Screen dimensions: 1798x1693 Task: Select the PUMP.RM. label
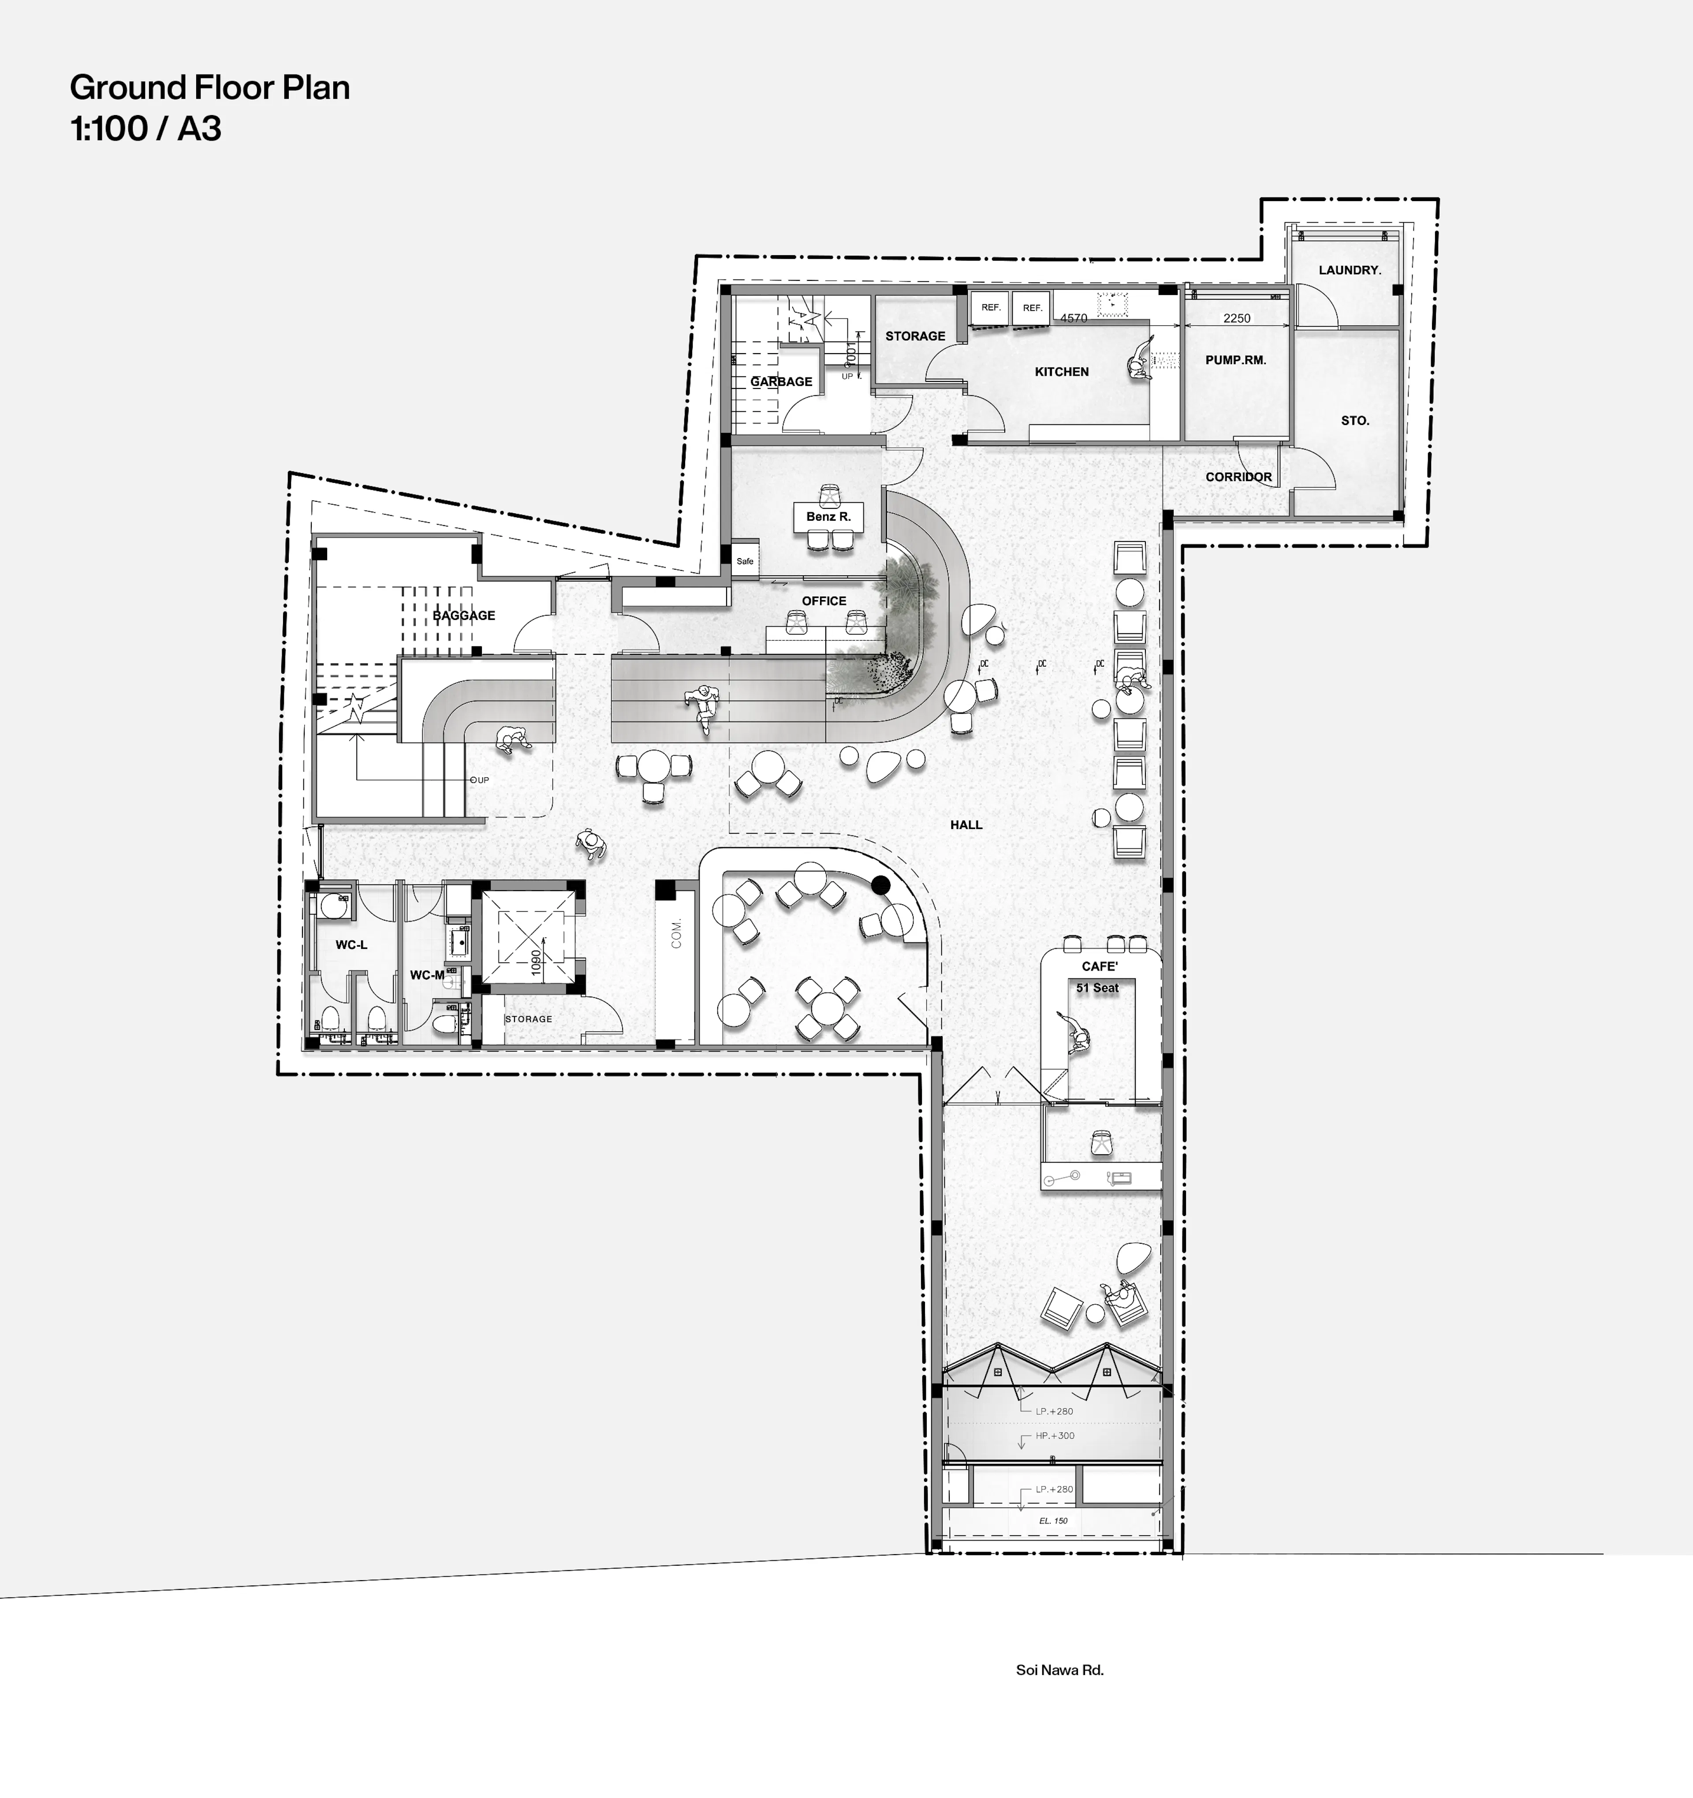pyautogui.click(x=1235, y=360)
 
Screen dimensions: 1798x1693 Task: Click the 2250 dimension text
pyautogui.click(x=1236, y=318)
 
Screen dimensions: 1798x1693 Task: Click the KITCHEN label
pyautogui.click(x=1062, y=372)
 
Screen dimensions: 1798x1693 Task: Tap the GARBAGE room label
pyautogui.click(x=781, y=382)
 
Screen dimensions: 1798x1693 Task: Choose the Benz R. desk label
pyautogui.click(x=828, y=516)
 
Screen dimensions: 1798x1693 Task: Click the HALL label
pyautogui.click(x=966, y=825)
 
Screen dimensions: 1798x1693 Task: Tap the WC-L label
pyautogui.click(x=352, y=945)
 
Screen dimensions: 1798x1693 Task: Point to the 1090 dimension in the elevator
pyautogui.click(x=536, y=962)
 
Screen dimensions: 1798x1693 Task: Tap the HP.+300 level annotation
pyautogui.click(x=1055, y=1435)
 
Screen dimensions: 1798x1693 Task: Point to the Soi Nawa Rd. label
pyautogui.click(x=1059, y=1670)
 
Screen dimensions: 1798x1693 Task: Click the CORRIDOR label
pyautogui.click(x=1238, y=477)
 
